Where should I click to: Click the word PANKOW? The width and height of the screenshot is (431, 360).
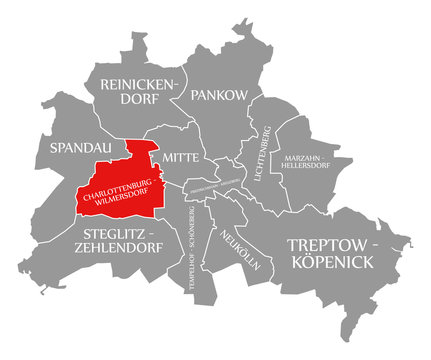point(214,94)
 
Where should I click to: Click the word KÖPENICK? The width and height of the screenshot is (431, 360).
point(333,261)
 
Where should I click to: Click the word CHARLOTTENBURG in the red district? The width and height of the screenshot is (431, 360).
point(118,187)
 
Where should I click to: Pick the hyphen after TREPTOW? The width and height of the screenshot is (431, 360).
point(375,244)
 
